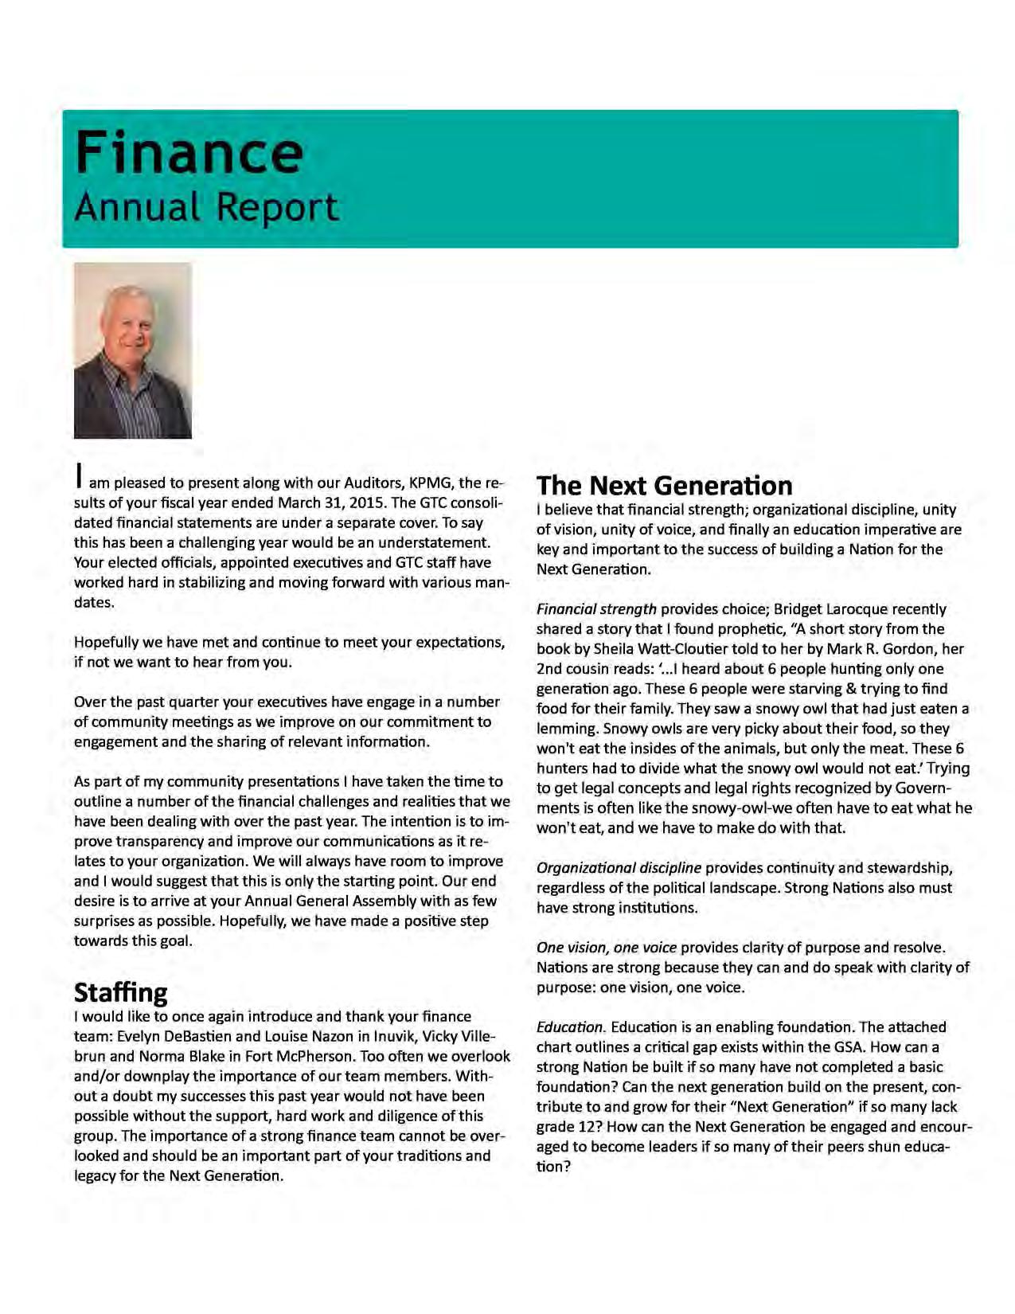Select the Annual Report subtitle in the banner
point(206,207)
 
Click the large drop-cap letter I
point(78,475)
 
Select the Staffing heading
point(121,992)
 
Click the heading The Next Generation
point(664,485)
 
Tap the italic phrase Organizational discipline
point(619,868)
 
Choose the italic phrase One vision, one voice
point(606,948)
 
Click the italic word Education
point(570,1027)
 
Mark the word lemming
point(566,729)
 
